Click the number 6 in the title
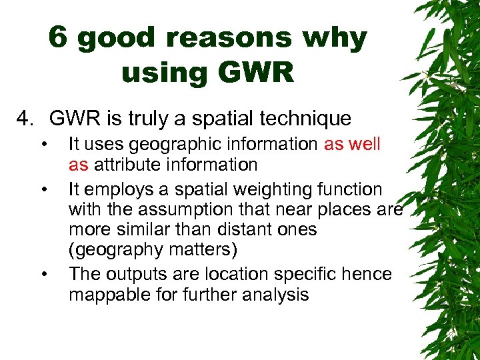click(59, 39)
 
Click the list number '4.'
click(27, 119)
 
